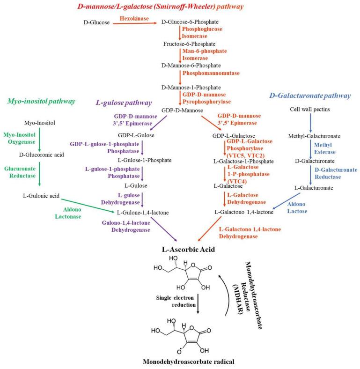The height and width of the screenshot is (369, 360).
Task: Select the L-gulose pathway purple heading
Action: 124,103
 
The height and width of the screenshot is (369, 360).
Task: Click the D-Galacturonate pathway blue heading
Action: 309,96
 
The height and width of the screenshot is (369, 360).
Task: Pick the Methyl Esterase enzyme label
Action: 323,148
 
